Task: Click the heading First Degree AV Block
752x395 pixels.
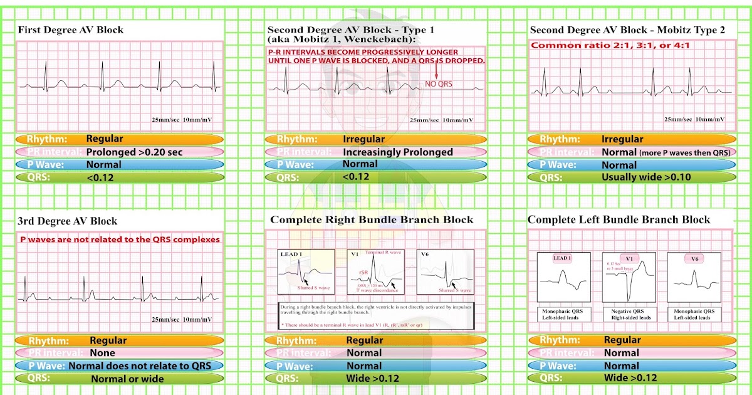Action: (70, 30)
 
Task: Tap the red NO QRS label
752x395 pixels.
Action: (439, 83)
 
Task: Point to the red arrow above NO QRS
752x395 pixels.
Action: (436, 70)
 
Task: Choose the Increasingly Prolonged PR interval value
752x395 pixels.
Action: (397, 152)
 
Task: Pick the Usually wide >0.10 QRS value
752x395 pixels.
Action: (645, 177)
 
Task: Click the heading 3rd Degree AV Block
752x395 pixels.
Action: (68, 221)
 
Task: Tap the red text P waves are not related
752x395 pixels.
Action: (120, 240)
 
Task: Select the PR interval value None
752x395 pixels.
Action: (102, 353)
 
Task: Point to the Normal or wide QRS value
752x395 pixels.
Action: (127, 379)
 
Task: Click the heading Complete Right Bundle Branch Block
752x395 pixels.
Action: (372, 220)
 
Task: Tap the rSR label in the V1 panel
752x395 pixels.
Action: (364, 272)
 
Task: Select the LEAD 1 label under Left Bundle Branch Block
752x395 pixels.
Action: (562, 258)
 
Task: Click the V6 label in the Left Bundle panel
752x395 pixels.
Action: (694, 258)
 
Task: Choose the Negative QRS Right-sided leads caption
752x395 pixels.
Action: (628, 314)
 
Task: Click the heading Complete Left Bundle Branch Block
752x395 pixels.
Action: (619, 219)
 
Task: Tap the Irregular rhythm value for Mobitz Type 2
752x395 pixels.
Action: (622, 139)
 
